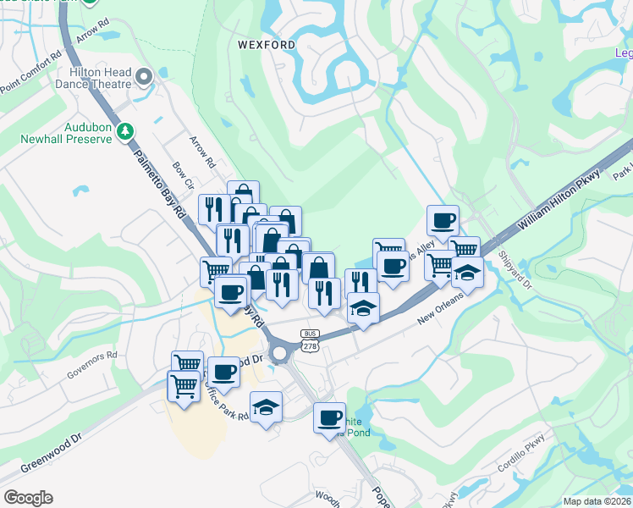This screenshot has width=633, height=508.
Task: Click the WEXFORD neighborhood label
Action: tap(267, 44)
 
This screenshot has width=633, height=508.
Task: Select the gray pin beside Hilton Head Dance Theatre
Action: tap(144, 79)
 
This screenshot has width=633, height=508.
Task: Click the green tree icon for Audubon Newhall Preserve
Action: tap(125, 131)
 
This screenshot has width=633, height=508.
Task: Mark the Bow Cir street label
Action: tap(183, 176)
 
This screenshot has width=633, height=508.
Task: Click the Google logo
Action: tap(28, 498)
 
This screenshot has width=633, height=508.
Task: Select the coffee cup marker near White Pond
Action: tap(330, 417)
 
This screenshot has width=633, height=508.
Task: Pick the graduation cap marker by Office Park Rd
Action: tap(266, 407)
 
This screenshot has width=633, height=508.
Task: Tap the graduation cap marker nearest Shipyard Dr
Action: tap(467, 273)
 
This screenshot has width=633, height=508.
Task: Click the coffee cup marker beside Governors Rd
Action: tap(223, 371)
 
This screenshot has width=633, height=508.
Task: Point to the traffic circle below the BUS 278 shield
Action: tap(281, 354)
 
